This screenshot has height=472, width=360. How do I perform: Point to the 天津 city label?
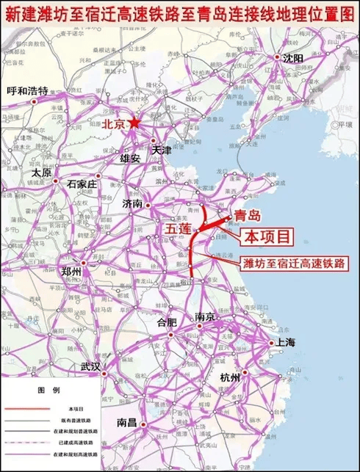pos(161,149)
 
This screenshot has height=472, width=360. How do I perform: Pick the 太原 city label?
pos(41,173)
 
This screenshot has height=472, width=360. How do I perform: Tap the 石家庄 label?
pos(82,184)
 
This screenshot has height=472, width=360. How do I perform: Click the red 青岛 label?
pos(245,215)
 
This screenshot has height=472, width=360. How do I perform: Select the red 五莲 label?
pos(178,230)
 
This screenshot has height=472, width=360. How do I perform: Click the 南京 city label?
pos(205,317)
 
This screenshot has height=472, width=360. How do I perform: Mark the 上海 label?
pos(284,342)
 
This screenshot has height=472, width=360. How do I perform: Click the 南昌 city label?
pos(127,423)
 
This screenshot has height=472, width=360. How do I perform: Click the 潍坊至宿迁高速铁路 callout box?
pos(295,261)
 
